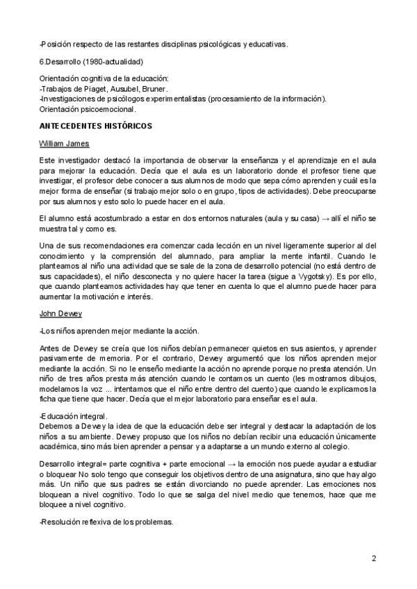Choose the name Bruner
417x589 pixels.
[155, 88]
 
